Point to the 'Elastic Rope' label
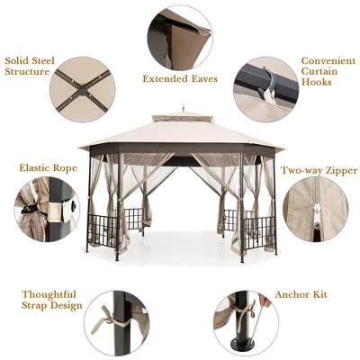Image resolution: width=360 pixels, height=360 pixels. [47, 168]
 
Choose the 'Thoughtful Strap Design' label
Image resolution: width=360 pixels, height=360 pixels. [50, 300]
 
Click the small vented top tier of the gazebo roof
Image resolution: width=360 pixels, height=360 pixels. [181, 118]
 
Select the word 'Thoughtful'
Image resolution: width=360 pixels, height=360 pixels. [50, 293]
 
